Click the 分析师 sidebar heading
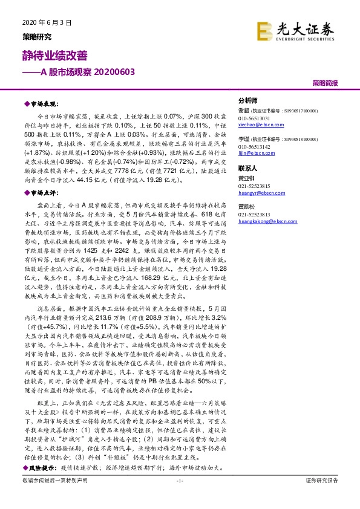pos(248,101)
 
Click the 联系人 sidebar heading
pos(248,168)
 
